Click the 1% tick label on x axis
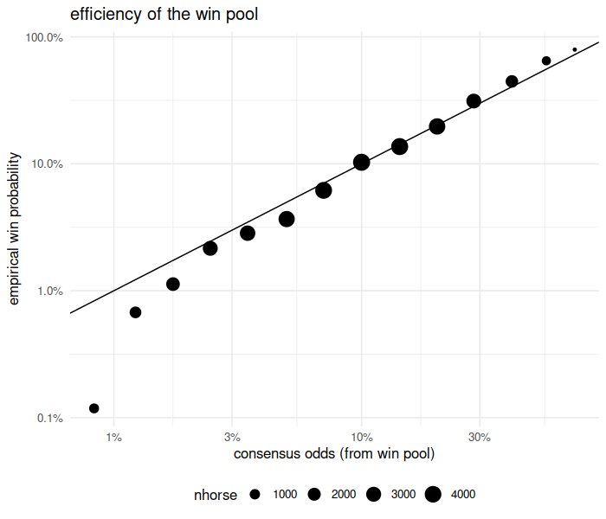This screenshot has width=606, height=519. coord(113,437)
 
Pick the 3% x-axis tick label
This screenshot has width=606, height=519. coord(231,437)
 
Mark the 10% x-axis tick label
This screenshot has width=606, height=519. coord(362,437)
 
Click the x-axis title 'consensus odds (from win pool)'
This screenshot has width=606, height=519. coord(333,453)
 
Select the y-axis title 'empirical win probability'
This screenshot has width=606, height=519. coord(14,228)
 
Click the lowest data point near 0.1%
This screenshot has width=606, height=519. coord(94,408)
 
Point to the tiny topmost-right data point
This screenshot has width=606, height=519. coord(575,50)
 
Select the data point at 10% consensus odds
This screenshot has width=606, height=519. coord(362,163)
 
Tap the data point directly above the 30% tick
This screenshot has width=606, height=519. coord(474,101)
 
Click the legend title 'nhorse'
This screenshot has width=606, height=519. coord(216,495)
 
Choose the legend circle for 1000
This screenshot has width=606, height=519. coord(255,494)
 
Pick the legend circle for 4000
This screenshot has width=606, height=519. coord(434,494)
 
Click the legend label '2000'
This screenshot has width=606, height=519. coord(344,495)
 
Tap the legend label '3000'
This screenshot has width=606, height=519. coord(403,495)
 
